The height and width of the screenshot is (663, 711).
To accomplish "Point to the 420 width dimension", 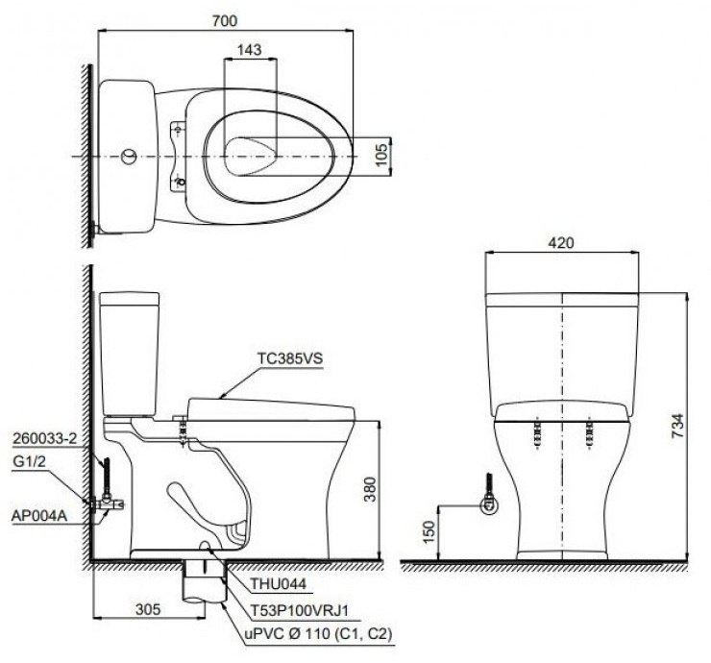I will point(562,243).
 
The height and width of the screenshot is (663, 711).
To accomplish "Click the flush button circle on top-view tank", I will point(127,154).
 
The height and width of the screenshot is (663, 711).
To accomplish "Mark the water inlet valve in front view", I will point(488,500).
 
